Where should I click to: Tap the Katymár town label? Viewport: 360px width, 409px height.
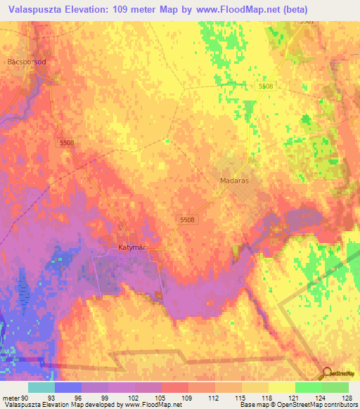pos(131,247)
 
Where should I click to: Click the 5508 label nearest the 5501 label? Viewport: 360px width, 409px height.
pos(265,86)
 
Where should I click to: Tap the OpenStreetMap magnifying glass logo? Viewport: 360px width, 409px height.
pos(328,373)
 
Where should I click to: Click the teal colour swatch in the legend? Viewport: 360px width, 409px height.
pos(41,387)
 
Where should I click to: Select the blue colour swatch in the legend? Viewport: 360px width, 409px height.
pos(67,387)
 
